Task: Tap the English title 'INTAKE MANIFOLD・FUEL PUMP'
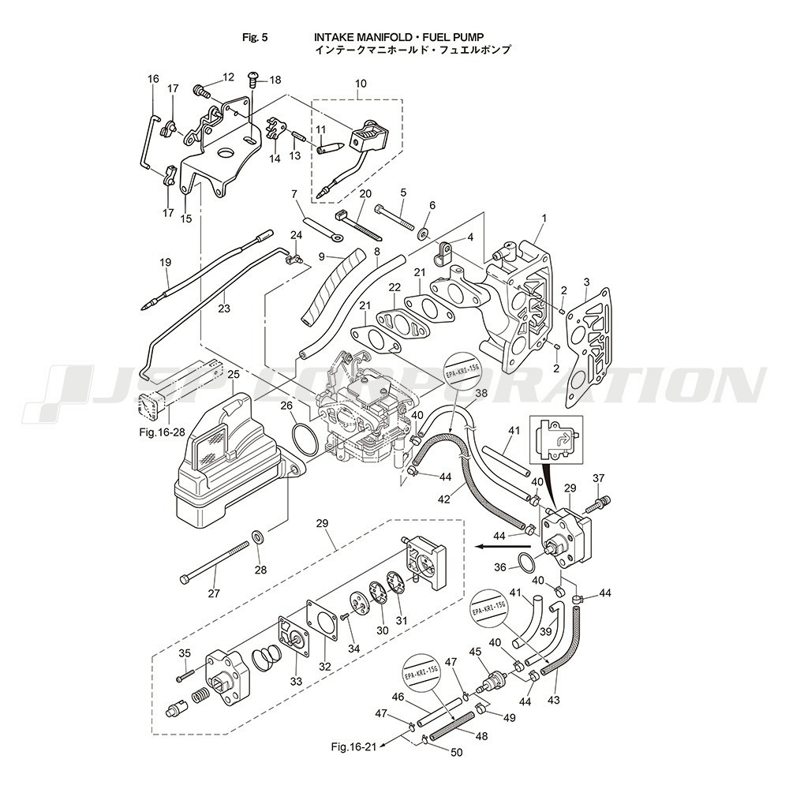click(398, 36)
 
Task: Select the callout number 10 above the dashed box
click(361, 83)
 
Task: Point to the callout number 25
click(233, 373)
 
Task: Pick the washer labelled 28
click(258, 538)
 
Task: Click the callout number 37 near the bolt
click(598, 478)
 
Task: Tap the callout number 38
click(481, 392)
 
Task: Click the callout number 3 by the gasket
click(585, 282)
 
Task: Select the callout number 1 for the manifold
click(543, 217)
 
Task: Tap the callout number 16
click(153, 79)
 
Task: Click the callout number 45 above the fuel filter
click(475, 652)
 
